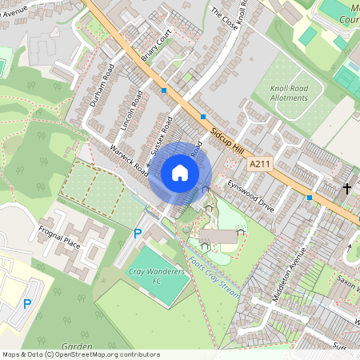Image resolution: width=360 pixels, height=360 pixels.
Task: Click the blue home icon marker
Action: (180, 172)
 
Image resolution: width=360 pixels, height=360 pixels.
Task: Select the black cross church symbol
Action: (347, 189)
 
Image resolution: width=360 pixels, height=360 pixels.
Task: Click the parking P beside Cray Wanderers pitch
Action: (138, 234)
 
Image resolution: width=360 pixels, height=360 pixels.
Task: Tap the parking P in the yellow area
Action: (27, 304)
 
